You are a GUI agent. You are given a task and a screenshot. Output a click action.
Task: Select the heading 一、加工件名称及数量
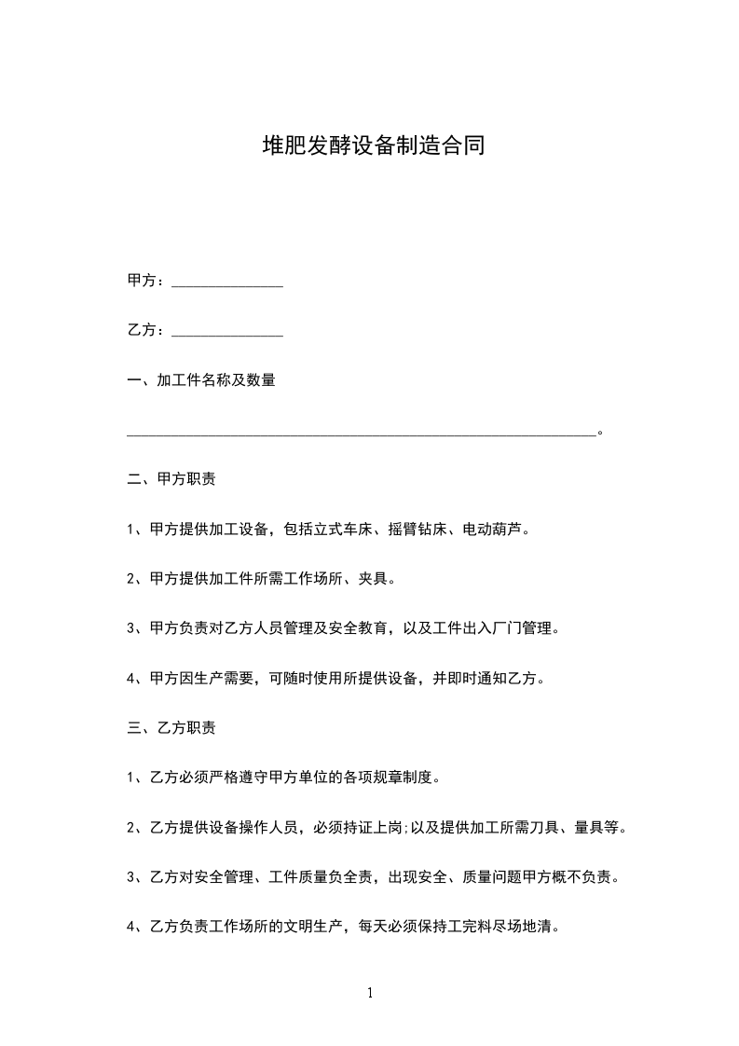pyautogui.click(x=200, y=380)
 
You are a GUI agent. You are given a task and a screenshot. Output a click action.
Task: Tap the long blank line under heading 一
pyautogui.click(x=361, y=433)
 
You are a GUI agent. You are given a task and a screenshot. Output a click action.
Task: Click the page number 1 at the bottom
pyautogui.click(x=370, y=994)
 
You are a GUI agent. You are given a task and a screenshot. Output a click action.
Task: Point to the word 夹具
pyautogui.click(x=373, y=579)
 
